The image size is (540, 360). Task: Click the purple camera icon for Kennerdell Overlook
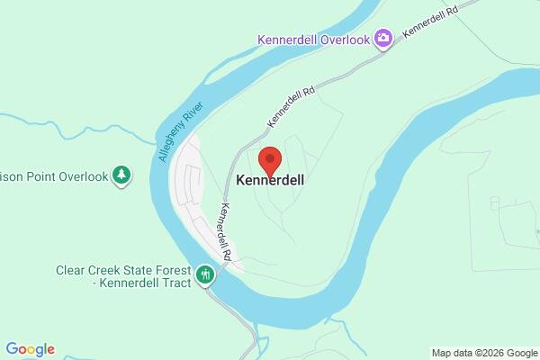click(x=384, y=38)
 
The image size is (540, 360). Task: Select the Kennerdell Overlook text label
click(x=314, y=40)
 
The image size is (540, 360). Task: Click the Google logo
click(x=30, y=349)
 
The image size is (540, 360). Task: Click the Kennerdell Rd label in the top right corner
click(x=431, y=17)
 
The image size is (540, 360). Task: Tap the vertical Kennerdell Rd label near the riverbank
click(x=228, y=231)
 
